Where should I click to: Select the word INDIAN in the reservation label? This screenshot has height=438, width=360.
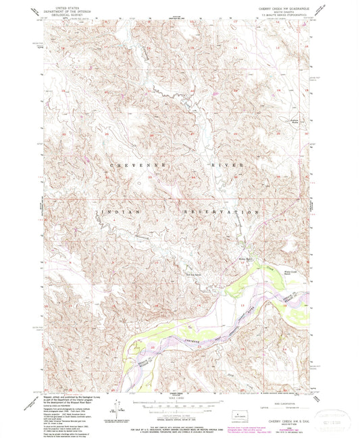point(122,212)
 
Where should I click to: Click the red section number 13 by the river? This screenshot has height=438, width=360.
point(242,306)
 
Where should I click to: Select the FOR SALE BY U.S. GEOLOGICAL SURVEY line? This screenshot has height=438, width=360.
point(178,422)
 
